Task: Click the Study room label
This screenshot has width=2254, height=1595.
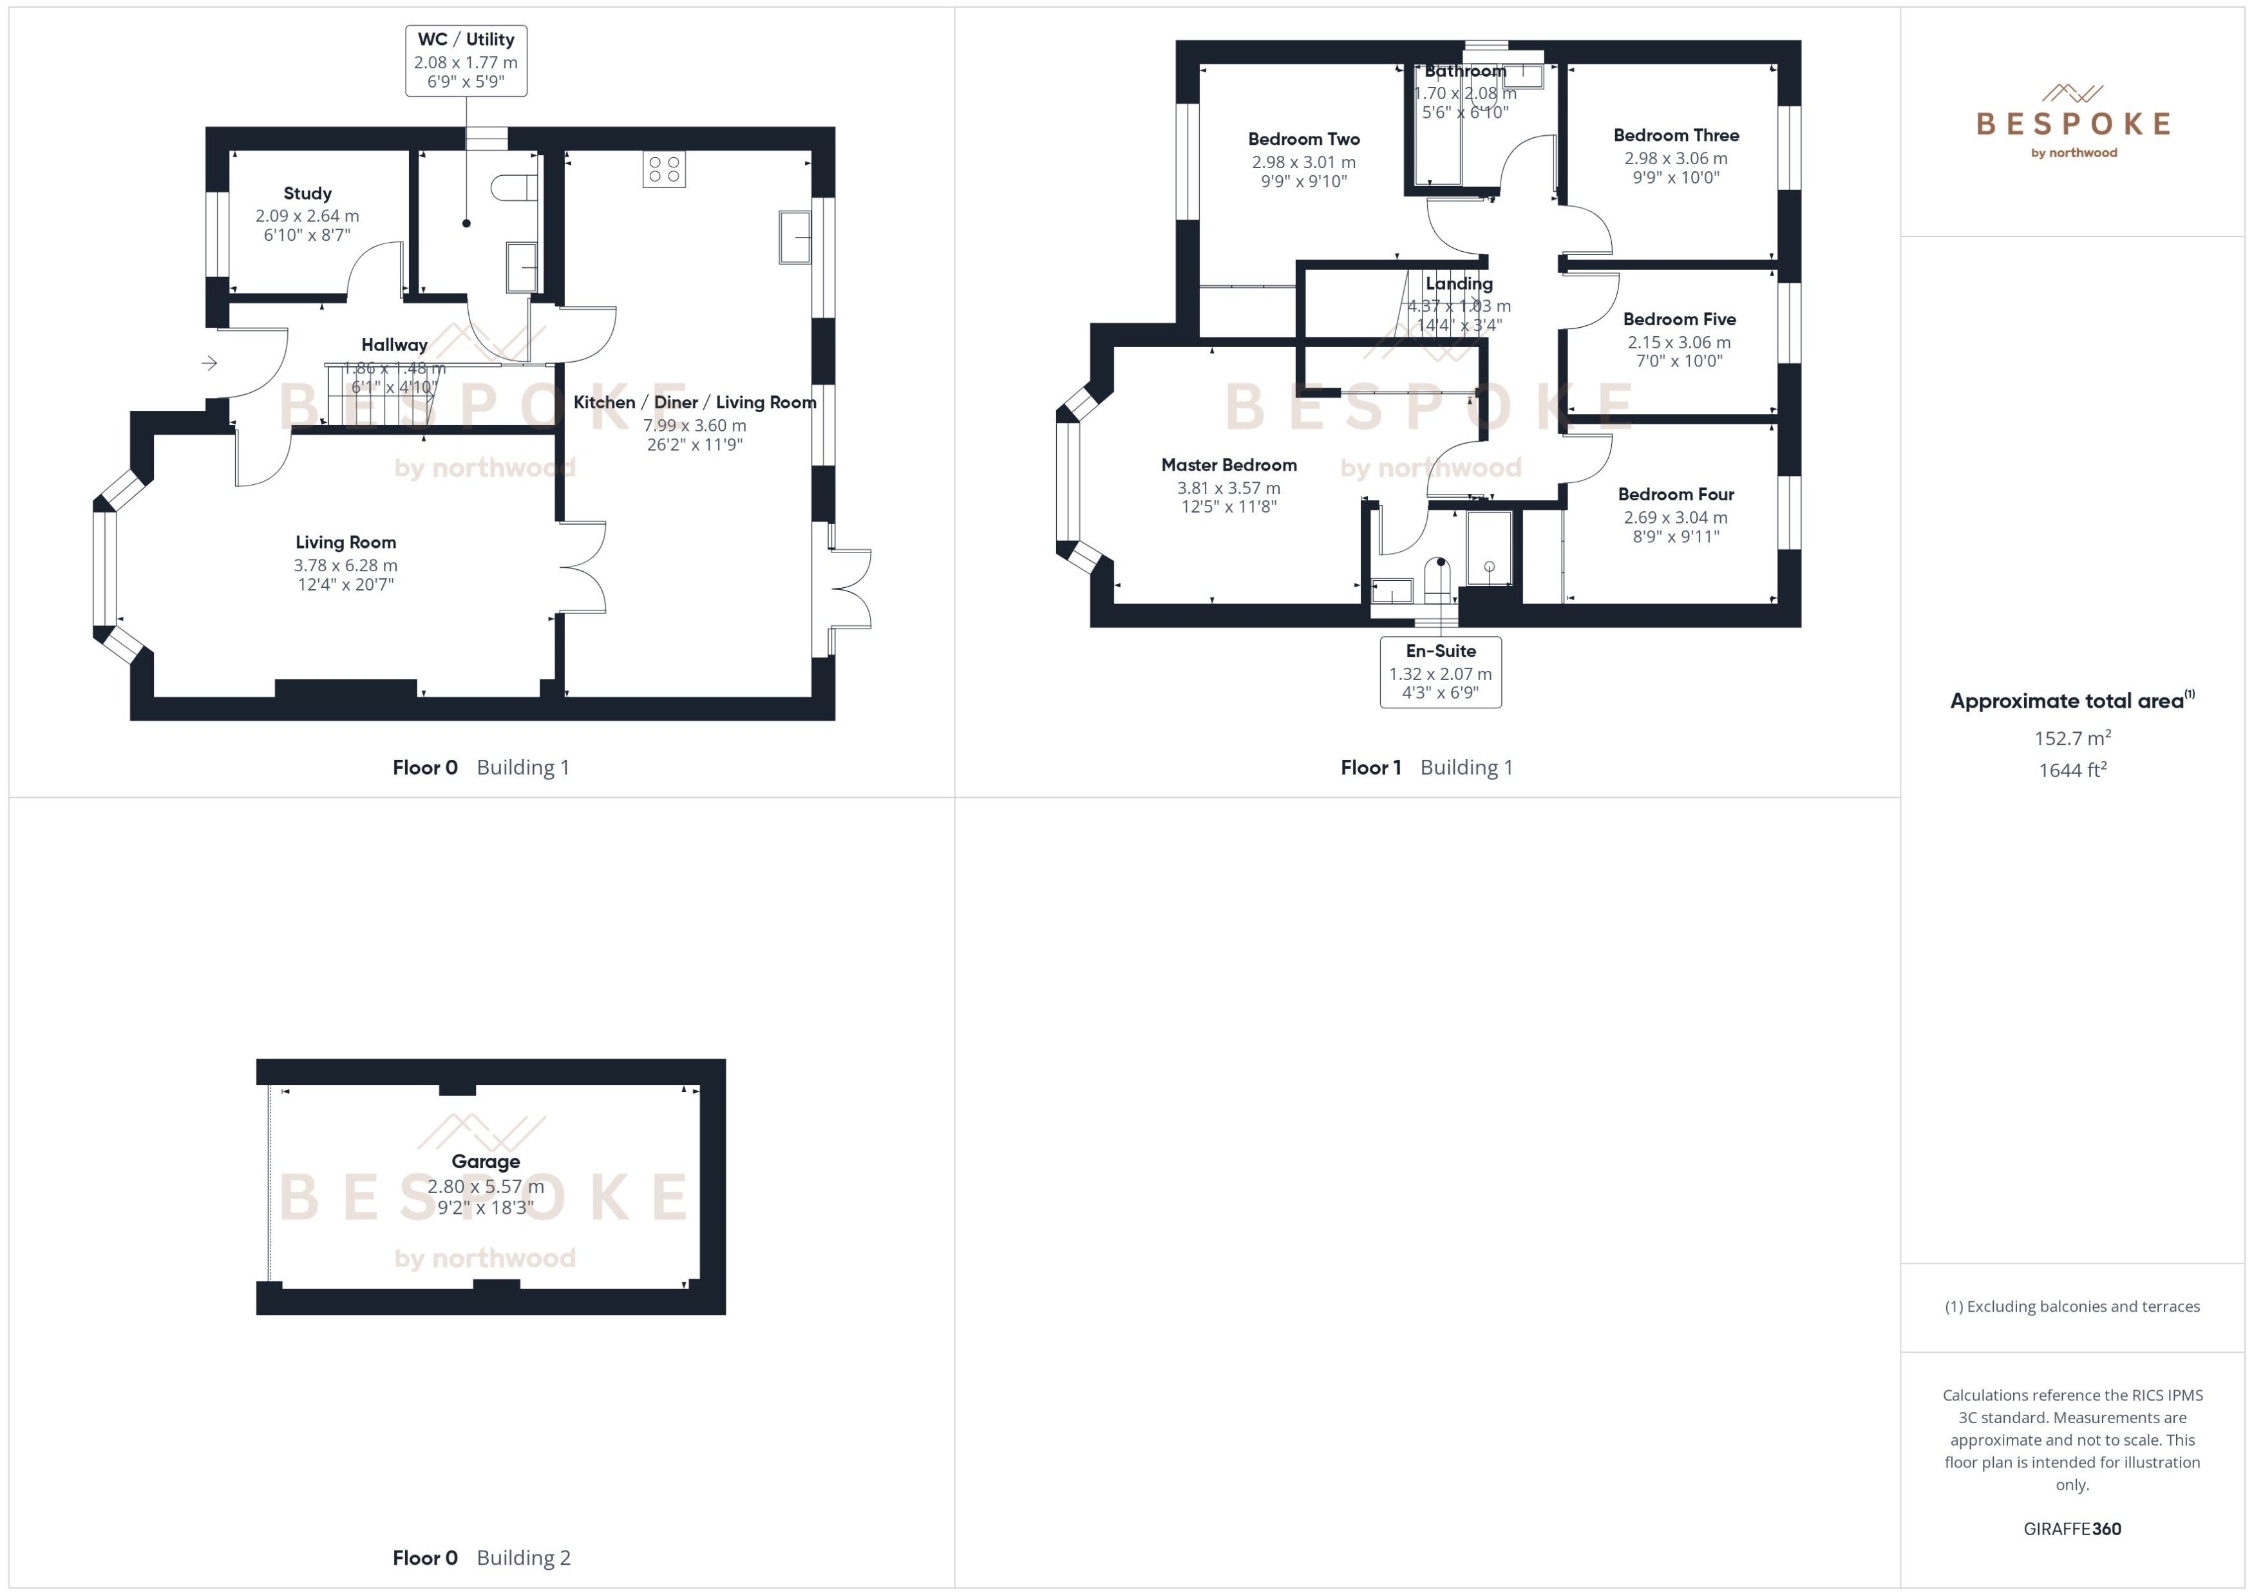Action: tap(307, 193)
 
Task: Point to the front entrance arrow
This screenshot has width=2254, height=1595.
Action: tap(209, 363)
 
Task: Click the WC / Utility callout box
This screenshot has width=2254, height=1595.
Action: tap(466, 61)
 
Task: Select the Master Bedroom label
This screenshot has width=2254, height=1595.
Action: tap(1229, 464)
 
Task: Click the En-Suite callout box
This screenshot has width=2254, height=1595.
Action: tap(1440, 672)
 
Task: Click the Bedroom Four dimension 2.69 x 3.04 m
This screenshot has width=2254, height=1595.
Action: tap(1676, 518)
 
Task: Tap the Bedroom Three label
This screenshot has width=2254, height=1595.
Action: tap(1676, 135)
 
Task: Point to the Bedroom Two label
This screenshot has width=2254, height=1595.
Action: tap(1303, 140)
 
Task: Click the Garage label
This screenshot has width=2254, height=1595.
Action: tap(485, 1162)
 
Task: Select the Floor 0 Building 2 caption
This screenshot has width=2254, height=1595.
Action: tap(481, 1558)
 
